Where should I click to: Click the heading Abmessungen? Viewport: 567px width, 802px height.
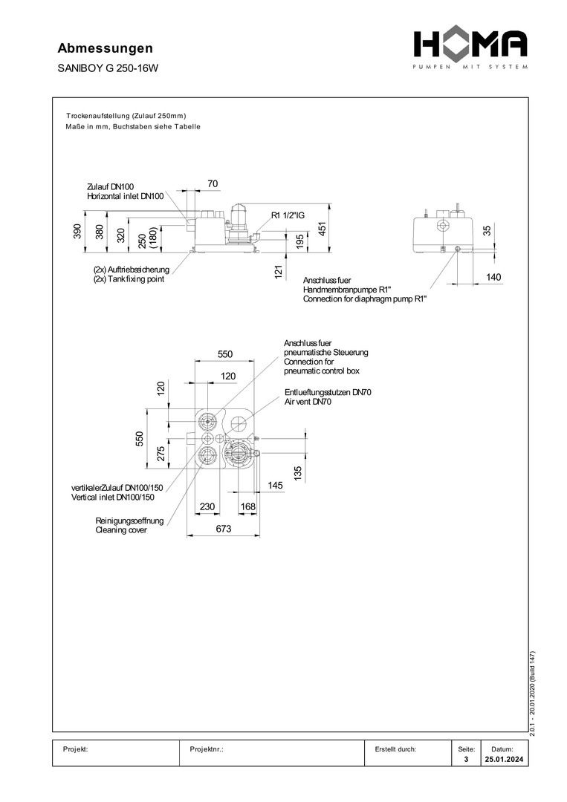coord(105,48)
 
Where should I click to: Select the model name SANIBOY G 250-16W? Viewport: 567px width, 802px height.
coord(108,68)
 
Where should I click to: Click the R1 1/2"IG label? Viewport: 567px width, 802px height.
coord(288,215)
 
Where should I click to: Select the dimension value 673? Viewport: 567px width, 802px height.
coord(224,529)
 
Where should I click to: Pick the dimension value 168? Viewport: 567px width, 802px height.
coord(247,507)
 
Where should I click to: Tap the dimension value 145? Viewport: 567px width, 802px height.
coord(276,485)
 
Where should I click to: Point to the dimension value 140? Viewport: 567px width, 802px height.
coord(493,277)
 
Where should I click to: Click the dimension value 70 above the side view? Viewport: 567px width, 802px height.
coord(213,183)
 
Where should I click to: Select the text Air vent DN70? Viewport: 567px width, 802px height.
coord(308,402)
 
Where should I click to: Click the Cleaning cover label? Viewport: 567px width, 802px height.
coord(121,530)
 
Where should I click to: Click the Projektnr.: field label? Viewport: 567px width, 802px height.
coord(207,749)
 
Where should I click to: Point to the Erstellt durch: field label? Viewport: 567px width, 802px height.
coord(396,749)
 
